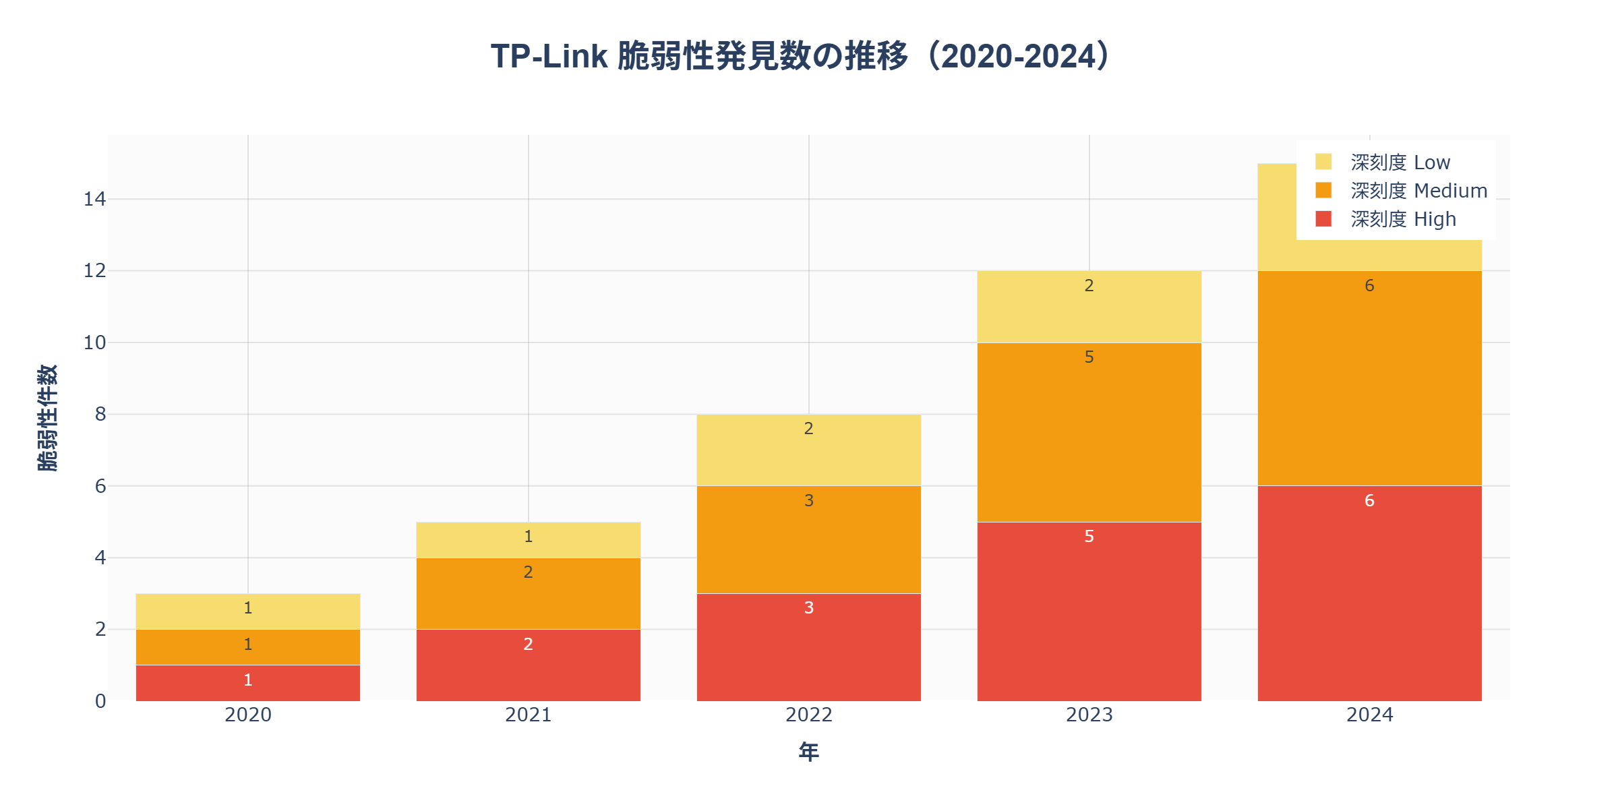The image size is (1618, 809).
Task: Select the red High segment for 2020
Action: pyautogui.click(x=247, y=683)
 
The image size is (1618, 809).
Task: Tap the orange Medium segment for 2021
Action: pyautogui.click(x=528, y=593)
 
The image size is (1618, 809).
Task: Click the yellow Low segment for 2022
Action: pyautogui.click(x=808, y=450)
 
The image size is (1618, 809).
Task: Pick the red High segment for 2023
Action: pyautogui.click(x=1089, y=611)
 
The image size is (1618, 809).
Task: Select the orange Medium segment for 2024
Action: pyautogui.click(x=1369, y=378)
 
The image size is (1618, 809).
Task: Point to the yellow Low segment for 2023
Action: pyautogui.click(x=1089, y=307)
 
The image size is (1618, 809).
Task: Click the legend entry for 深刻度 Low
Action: pyautogui.click(x=1400, y=162)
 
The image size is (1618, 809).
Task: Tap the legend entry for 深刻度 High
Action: pyautogui.click(x=1402, y=219)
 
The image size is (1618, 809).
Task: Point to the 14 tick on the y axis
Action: pyautogui.click(x=94, y=199)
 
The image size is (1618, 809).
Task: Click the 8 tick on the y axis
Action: pyautogui.click(x=100, y=414)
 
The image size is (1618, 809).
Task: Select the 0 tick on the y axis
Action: pyautogui.click(x=100, y=701)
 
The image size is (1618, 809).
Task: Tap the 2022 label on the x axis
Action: pyautogui.click(x=808, y=715)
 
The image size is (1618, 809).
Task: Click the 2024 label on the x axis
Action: pyautogui.click(x=1369, y=715)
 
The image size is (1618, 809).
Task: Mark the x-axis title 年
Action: pyautogui.click(x=808, y=752)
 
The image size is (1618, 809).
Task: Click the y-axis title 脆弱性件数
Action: pyautogui.click(x=47, y=418)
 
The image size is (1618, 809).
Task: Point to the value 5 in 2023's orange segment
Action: pyautogui.click(x=1089, y=357)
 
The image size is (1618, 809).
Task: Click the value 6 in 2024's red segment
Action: pyautogui.click(x=1369, y=500)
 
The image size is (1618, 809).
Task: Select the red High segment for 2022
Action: pyautogui.click(x=808, y=647)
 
